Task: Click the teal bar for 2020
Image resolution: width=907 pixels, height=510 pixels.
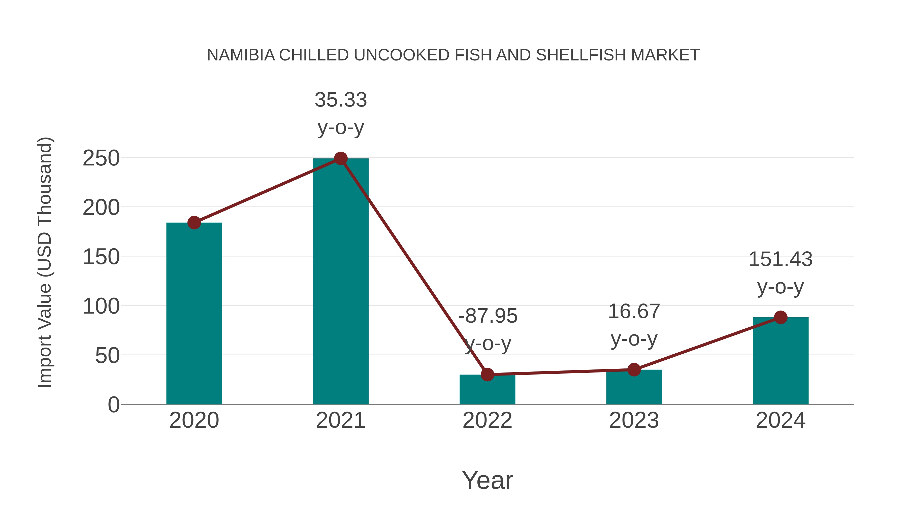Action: coord(194,313)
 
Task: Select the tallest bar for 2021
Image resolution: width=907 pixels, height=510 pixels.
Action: coord(340,282)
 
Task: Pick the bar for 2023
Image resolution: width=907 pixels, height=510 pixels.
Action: coord(634,387)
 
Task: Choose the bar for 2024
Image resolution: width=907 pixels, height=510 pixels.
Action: coord(781,361)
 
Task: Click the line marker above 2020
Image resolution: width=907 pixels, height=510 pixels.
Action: coord(194,222)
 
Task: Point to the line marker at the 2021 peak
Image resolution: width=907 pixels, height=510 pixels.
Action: coord(340,158)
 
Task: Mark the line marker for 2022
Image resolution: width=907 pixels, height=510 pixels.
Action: coord(487,375)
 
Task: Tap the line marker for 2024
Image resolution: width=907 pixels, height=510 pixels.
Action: coord(781,317)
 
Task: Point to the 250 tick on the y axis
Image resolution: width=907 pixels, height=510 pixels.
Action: coord(101,158)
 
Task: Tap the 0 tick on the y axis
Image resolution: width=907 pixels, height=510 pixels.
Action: coord(113,405)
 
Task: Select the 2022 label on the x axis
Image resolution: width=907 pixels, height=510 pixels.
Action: coord(487,420)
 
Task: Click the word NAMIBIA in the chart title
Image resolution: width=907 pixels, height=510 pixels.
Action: coord(241,55)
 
